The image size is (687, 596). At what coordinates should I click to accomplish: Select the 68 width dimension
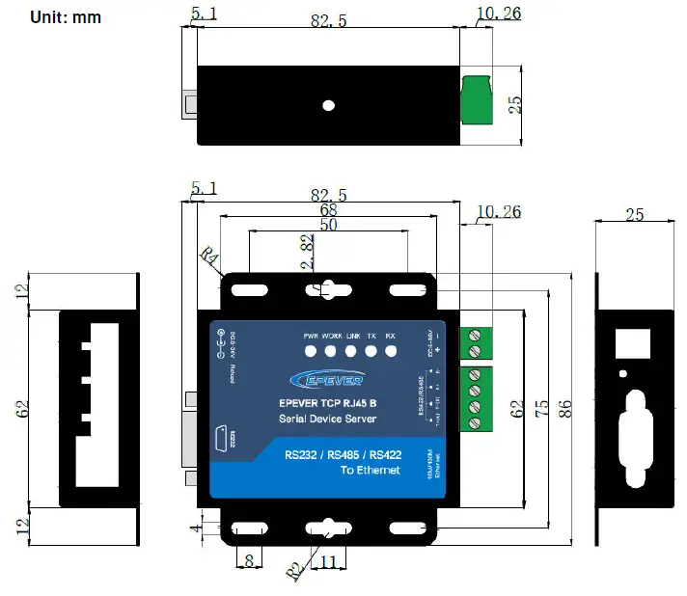(x=329, y=209)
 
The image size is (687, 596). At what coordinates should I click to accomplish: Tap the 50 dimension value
(x=329, y=225)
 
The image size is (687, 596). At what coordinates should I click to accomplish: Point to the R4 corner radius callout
(x=208, y=257)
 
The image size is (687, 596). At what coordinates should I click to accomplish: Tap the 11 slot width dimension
(x=327, y=561)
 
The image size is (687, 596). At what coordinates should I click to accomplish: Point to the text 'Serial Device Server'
(x=327, y=419)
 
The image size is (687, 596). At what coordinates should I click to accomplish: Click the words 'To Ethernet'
(x=371, y=470)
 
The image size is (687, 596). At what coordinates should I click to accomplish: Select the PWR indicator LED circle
(x=310, y=352)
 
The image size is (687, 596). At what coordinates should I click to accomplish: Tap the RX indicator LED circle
(x=391, y=352)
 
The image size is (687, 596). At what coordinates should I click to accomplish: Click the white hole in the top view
(x=328, y=104)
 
